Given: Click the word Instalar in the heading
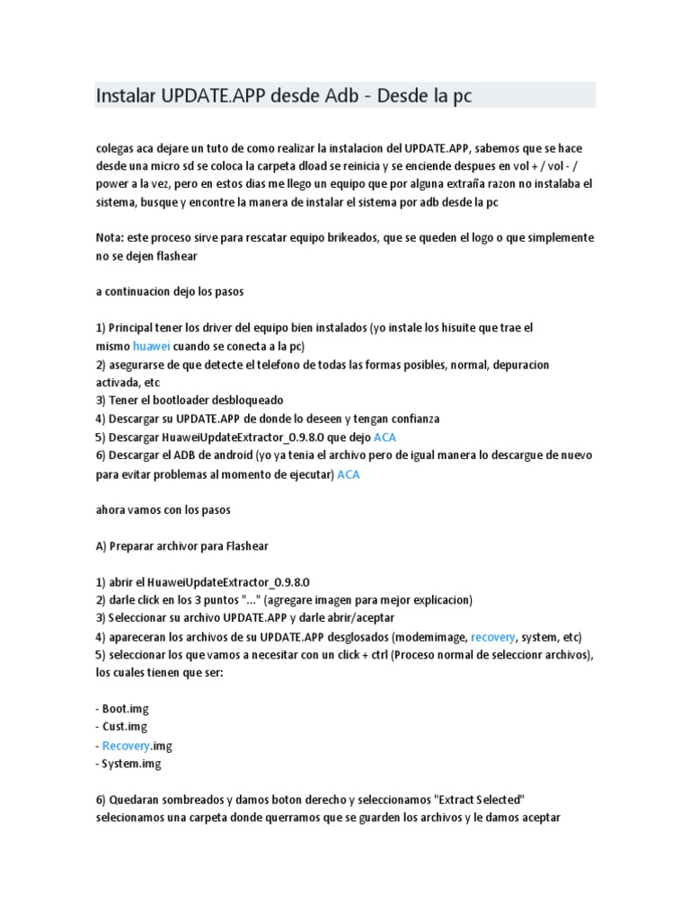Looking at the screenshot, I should (x=127, y=95).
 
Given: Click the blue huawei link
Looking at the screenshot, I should (x=151, y=346).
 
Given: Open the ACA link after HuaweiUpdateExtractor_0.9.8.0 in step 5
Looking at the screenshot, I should (x=385, y=438).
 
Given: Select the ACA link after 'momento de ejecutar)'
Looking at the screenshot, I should (x=348, y=474).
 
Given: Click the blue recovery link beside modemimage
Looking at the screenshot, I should (x=493, y=636).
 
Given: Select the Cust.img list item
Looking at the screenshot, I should (x=124, y=727).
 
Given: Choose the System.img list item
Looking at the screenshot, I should (x=131, y=764).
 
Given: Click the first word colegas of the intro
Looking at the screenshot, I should (x=116, y=147).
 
